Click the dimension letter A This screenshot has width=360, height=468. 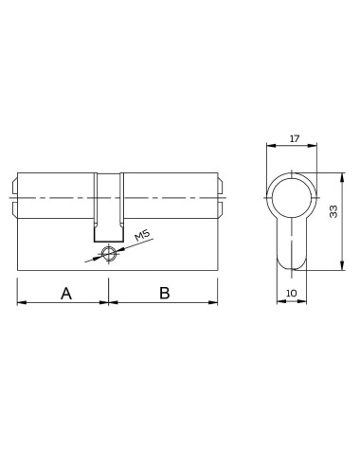[66, 293]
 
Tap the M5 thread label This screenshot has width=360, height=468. [143, 235]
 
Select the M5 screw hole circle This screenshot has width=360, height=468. [112, 253]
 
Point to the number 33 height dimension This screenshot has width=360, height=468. [333, 212]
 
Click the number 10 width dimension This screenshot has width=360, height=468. [292, 295]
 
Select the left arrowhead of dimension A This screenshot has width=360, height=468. [22, 303]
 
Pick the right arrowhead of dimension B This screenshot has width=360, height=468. [217, 303]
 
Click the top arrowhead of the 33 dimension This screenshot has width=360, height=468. [340, 176]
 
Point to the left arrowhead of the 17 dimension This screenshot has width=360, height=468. [270, 147]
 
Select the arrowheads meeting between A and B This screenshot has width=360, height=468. [111, 303]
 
